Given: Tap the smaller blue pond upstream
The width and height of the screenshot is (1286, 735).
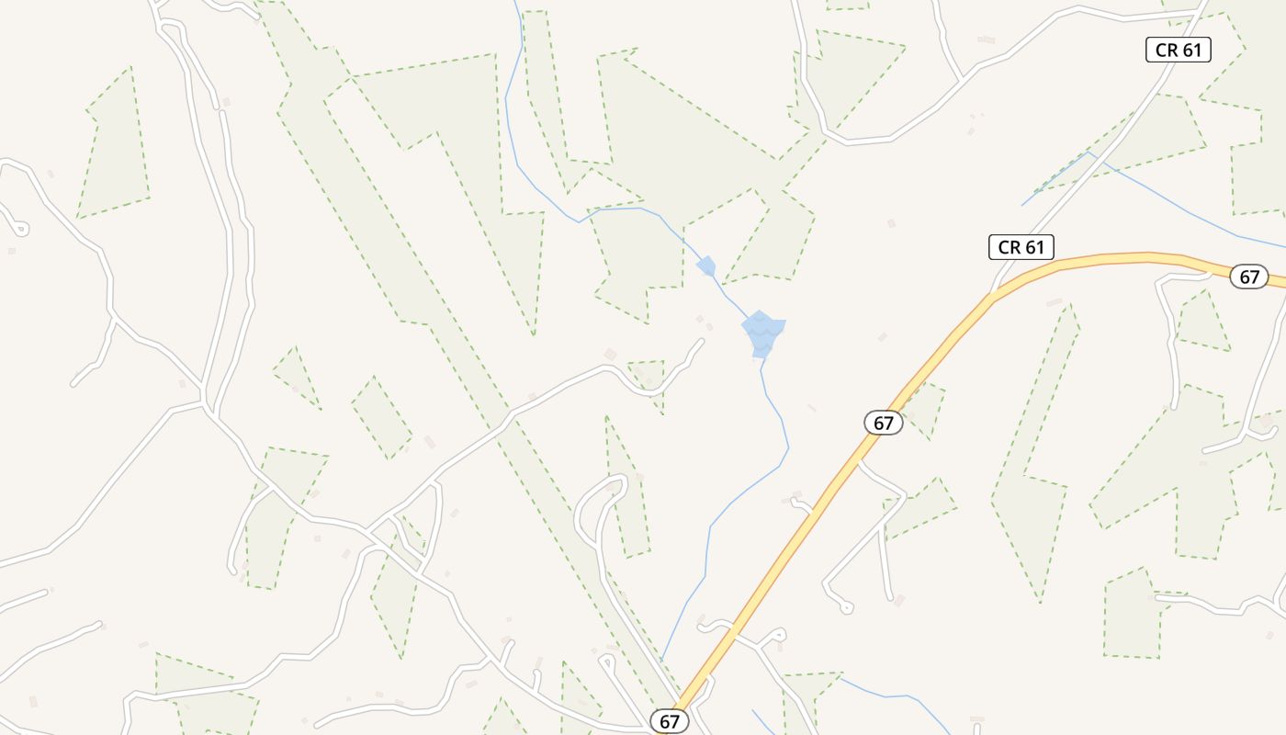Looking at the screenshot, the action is coord(706,266).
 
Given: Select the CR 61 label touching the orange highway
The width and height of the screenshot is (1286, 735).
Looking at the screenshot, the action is coord(1021,247).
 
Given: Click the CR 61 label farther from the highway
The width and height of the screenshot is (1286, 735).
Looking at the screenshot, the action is coord(1178,50).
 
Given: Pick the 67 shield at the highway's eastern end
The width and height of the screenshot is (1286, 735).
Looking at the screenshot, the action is coord(1248,277).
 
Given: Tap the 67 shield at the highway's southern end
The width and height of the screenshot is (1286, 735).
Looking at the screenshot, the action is coord(669,721).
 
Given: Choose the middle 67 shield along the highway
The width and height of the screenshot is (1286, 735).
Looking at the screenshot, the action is coord(883,423).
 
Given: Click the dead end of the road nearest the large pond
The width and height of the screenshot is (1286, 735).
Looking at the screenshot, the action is coord(702,341).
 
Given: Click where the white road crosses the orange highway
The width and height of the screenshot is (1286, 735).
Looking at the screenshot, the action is coord(735,632).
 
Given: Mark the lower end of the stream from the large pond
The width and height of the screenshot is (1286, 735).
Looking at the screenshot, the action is coord(661,660).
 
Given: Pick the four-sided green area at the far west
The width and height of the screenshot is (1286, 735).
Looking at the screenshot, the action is coord(115,147).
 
